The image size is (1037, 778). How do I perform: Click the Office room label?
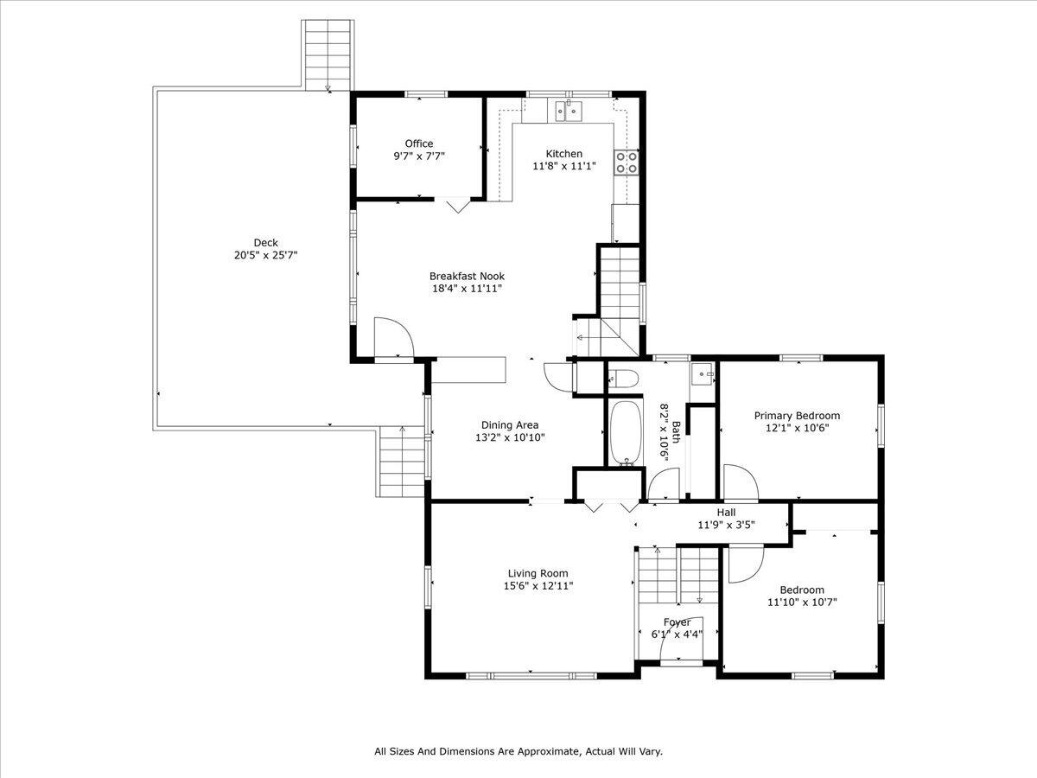[419, 143]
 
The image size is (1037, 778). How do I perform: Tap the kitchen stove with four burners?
[626, 163]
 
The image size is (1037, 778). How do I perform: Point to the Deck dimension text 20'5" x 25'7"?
[265, 256]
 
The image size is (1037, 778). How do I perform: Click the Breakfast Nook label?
[467, 276]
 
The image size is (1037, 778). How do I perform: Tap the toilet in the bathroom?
[623, 378]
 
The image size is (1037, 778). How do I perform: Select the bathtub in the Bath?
[623, 432]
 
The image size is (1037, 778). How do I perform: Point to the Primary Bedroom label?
[797, 415]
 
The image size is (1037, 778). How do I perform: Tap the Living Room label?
[537, 573]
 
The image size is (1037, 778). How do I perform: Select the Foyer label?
[677, 622]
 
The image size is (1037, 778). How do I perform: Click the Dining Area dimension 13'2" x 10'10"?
[510, 437]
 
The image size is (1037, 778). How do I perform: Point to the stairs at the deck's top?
[328, 53]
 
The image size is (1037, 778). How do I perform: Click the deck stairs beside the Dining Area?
[402, 462]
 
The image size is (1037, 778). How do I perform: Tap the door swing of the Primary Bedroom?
[739, 482]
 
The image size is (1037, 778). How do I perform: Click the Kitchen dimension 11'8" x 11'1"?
[563, 166]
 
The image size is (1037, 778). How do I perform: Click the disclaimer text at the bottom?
[518, 752]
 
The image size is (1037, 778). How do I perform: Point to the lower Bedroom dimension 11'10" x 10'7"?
[802, 603]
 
